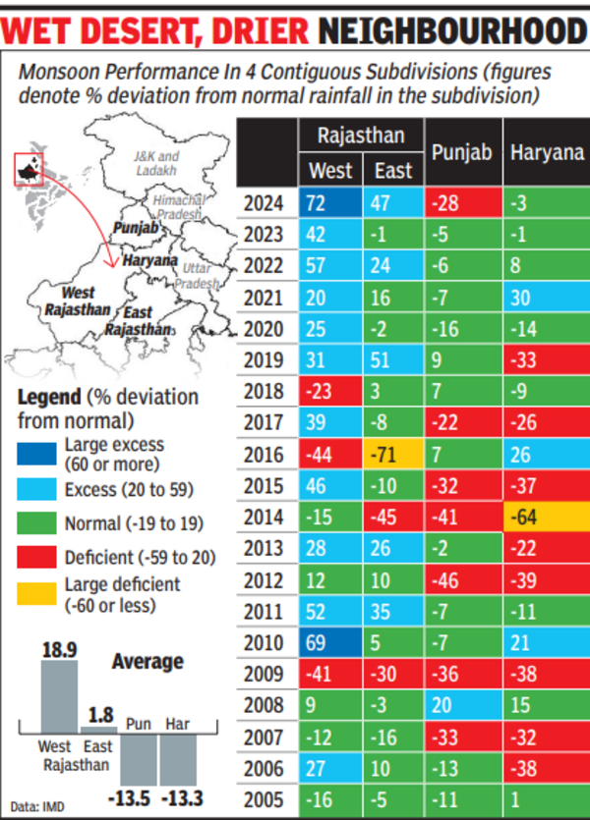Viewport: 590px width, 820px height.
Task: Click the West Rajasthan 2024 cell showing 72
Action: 331,203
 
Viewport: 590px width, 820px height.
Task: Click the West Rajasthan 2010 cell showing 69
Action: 331,643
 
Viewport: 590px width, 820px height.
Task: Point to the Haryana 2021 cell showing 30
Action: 546,298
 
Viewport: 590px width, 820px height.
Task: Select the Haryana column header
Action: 547,153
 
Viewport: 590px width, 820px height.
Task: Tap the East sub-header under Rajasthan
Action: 393,171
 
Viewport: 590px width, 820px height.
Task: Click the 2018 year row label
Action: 263,392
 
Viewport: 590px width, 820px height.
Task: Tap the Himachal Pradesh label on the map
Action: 178,207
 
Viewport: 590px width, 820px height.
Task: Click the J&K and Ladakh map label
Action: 156,163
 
